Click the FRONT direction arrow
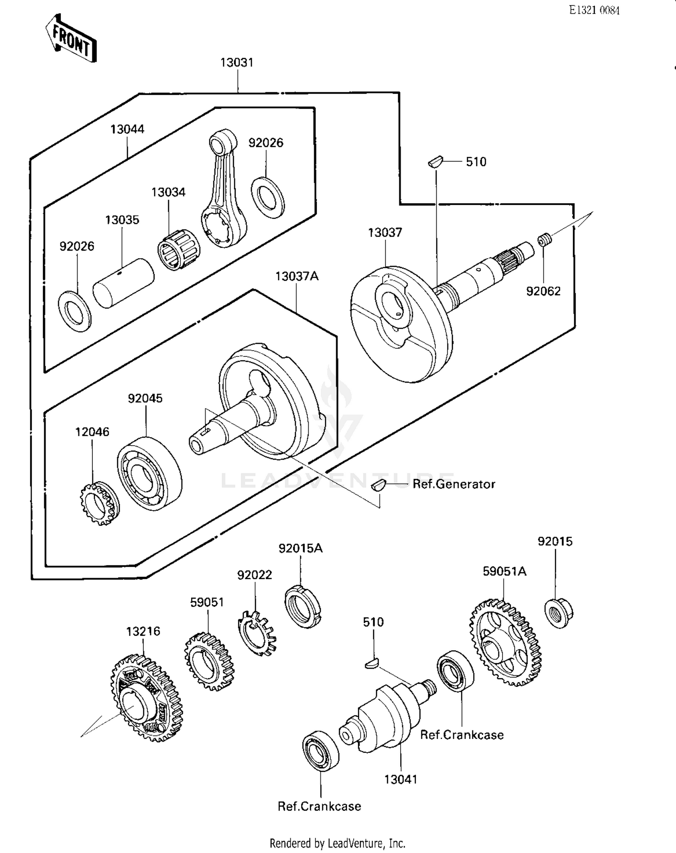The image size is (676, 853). tap(71, 39)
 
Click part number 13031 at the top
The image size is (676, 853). tap(237, 63)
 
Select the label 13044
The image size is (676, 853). tap(127, 129)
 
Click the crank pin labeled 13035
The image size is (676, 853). tap(123, 283)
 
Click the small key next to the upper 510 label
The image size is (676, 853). tap(436, 161)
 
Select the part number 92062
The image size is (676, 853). tap(543, 291)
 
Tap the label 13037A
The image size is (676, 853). tap(297, 276)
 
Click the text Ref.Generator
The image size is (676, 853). tap(453, 484)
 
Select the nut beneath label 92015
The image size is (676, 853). tap(558, 612)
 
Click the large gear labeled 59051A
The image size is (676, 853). tap(505, 642)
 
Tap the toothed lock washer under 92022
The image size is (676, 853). tap(256, 633)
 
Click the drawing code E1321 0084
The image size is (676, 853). tap(594, 10)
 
